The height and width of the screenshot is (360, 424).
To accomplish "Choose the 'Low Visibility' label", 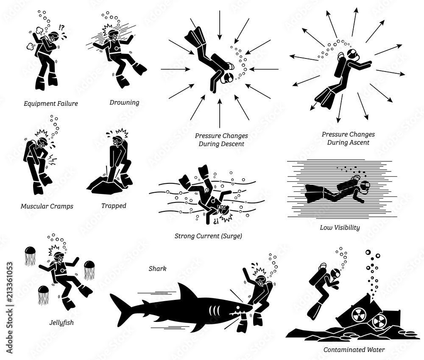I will [x=340, y=227].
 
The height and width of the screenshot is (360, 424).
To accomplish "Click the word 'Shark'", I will [x=157, y=268].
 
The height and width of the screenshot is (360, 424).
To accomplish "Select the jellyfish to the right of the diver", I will [x=89, y=269].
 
